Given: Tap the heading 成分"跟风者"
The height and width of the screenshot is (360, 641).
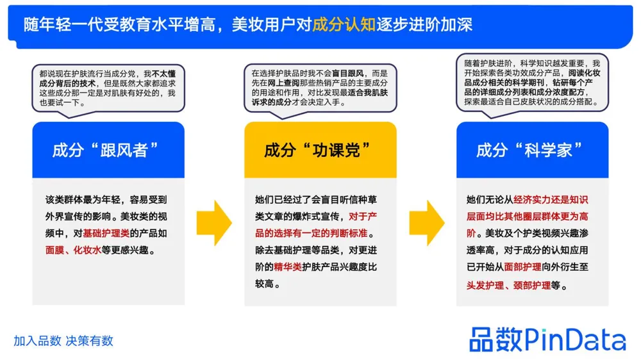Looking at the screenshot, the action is click(x=106, y=151).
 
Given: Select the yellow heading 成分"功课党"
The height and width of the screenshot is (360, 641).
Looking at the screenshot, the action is click(x=319, y=151).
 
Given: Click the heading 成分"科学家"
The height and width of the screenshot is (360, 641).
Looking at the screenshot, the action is click(x=531, y=151).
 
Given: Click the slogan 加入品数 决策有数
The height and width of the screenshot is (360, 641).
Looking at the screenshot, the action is click(x=63, y=341).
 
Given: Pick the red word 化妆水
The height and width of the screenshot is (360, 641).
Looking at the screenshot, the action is click(x=88, y=250).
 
